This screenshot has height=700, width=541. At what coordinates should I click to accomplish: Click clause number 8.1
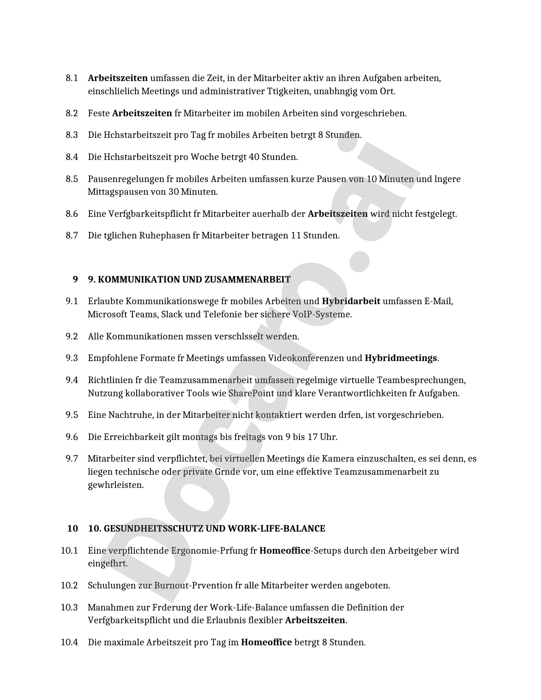pyautogui.click(x=72, y=78)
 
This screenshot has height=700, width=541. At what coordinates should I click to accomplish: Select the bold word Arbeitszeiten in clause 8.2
pyautogui.click(x=142, y=113)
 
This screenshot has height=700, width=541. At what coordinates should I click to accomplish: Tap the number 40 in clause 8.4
pyautogui.click(x=254, y=157)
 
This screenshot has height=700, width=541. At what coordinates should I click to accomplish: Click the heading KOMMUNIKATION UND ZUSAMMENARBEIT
pyautogui.click(x=189, y=280)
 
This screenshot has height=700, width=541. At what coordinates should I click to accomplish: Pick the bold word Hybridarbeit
pyautogui.click(x=351, y=301)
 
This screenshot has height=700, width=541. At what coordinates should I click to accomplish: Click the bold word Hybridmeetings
pyautogui.click(x=401, y=358)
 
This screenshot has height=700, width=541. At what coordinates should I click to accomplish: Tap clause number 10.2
pyautogui.click(x=69, y=585)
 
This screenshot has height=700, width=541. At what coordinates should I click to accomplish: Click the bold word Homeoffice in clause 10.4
pyautogui.click(x=266, y=642)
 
